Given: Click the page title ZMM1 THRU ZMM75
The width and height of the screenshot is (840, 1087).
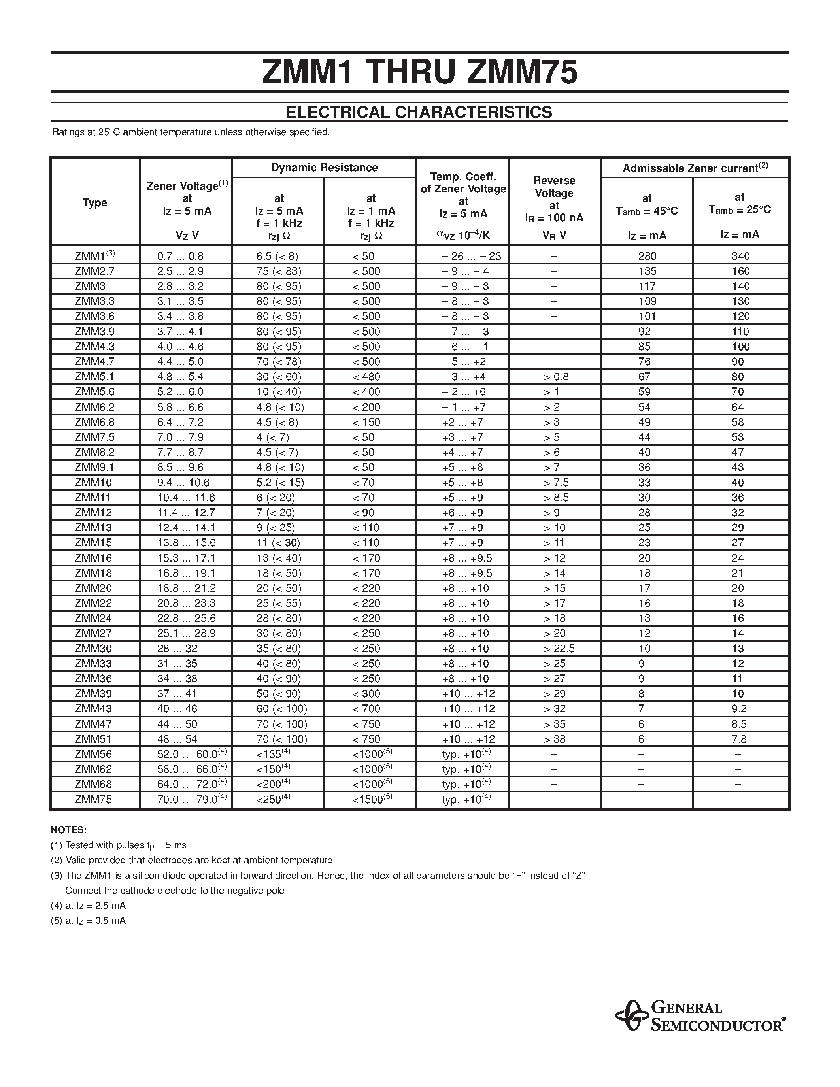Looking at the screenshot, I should pyautogui.click(x=419, y=73).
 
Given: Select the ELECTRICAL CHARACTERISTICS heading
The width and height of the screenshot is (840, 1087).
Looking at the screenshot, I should pyautogui.click(x=419, y=112).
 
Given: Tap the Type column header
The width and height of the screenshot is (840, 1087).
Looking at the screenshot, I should pyautogui.click(x=95, y=202).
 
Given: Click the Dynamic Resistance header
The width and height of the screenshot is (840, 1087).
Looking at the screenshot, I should pyautogui.click(x=324, y=168).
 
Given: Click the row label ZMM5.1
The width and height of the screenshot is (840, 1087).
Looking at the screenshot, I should pyautogui.click(x=94, y=377).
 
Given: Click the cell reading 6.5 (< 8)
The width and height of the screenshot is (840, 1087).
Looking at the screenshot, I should pyautogui.click(x=277, y=256).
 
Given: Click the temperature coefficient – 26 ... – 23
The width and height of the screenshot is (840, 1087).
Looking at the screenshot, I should pyautogui.click(x=471, y=256).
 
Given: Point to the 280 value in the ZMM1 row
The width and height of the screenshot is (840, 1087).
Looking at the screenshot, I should pyautogui.click(x=647, y=256).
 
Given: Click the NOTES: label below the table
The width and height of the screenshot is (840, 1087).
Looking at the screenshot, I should pyautogui.click(x=69, y=830).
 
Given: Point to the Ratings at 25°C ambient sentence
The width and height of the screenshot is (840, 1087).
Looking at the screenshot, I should pyautogui.click(x=191, y=132).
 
